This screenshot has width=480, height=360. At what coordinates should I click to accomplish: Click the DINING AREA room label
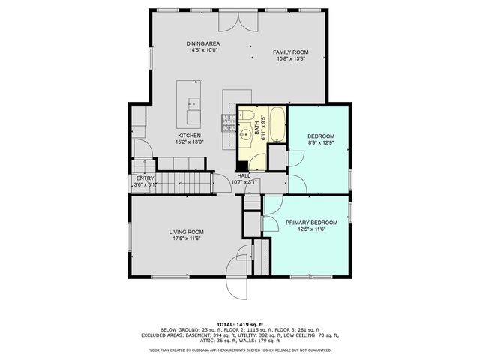point(202,44)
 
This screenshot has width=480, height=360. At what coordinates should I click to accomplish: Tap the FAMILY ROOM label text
point(290,52)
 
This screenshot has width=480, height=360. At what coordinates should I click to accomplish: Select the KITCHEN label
point(188,135)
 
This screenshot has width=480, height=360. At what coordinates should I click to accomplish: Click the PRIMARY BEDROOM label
point(311,223)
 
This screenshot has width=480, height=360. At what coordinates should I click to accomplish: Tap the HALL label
point(244,175)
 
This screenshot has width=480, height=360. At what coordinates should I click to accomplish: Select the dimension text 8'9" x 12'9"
point(319,142)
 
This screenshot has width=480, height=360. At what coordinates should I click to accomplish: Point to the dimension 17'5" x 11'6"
point(187,240)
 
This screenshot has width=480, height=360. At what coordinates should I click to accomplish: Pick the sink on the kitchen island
point(193,103)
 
